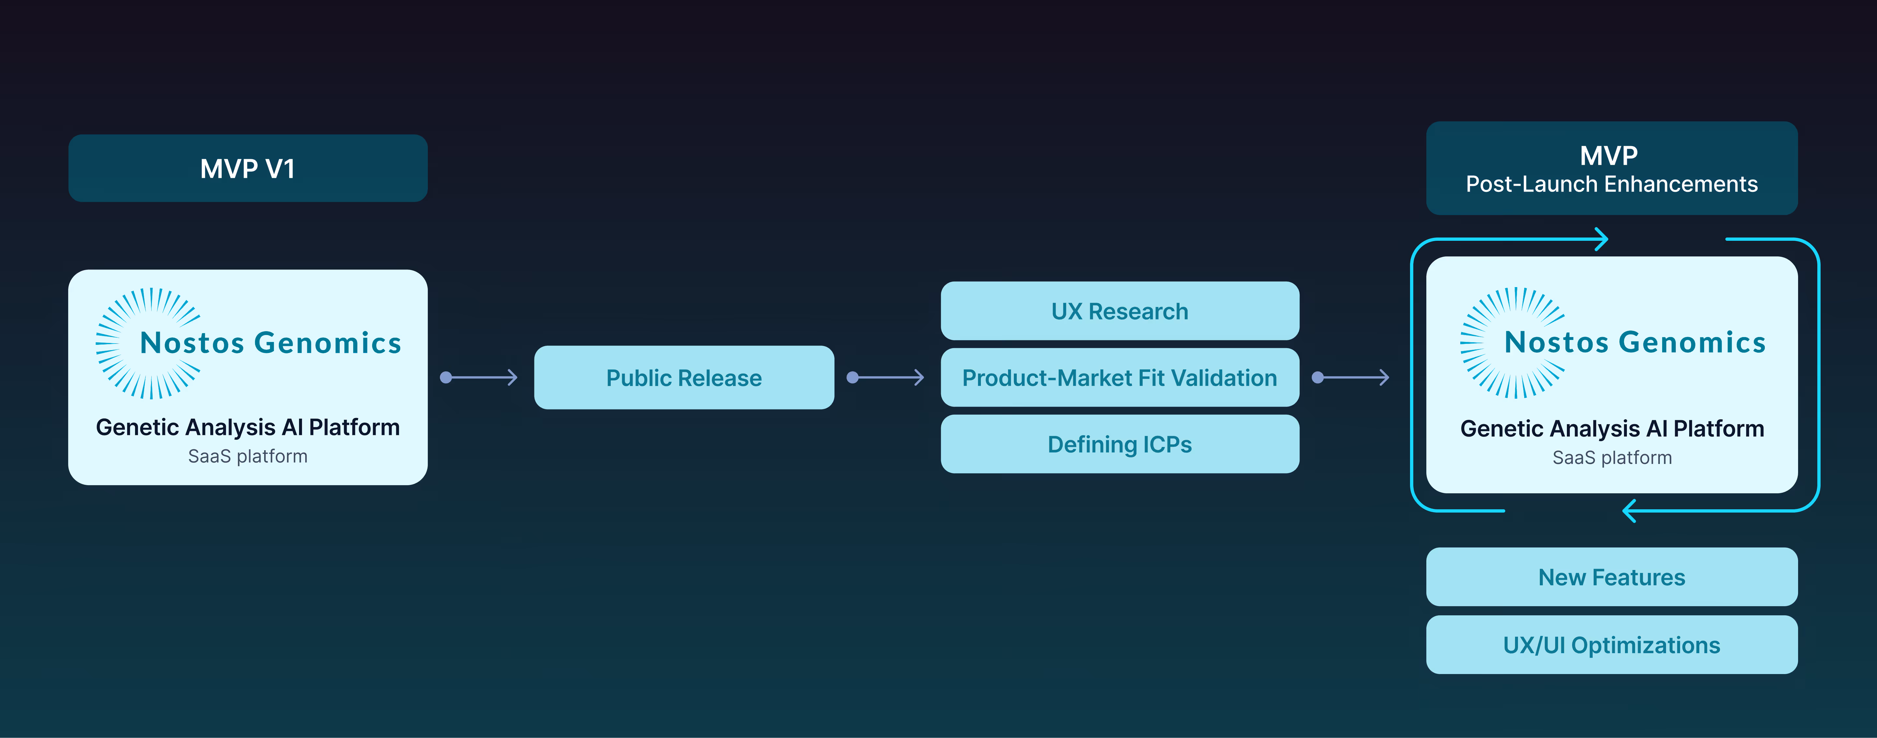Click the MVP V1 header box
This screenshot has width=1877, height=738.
(x=248, y=168)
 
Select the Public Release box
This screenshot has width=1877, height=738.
(x=683, y=378)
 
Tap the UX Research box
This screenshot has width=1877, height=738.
(x=1119, y=311)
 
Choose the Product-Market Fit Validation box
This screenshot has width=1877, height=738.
(x=1119, y=378)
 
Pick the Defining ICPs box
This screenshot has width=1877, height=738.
(x=1119, y=444)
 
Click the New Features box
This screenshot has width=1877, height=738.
(x=1611, y=577)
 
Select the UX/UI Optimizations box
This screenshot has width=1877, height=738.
(x=1611, y=645)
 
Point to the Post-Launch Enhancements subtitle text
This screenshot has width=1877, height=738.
(x=1611, y=185)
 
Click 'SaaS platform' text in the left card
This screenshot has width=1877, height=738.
(x=248, y=456)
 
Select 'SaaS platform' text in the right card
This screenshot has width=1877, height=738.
(x=1611, y=458)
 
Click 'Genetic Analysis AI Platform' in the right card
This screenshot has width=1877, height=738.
(x=1611, y=429)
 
